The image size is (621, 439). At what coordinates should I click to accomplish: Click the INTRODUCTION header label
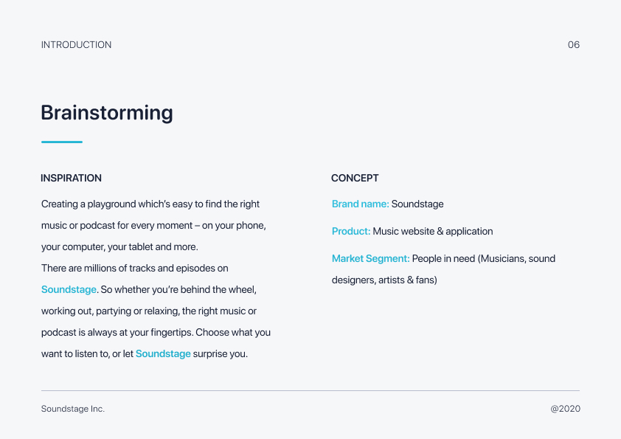pyautogui.click(x=77, y=45)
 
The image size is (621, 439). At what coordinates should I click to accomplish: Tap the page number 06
pyautogui.click(x=574, y=45)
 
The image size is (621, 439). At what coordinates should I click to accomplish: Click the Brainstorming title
pyautogui.click(x=107, y=113)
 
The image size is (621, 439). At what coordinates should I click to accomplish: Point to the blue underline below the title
pyautogui.click(x=62, y=142)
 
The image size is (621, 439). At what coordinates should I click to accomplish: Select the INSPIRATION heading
pyautogui.click(x=72, y=179)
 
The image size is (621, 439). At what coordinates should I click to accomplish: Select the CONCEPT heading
pyautogui.click(x=355, y=179)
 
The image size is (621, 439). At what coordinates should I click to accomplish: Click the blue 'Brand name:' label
pyautogui.click(x=361, y=204)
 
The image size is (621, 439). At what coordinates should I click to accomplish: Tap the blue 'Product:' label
pyautogui.click(x=351, y=232)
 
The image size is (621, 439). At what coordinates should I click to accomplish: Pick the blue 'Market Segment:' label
pyautogui.click(x=371, y=259)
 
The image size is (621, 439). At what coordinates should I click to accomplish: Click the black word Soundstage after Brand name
pyautogui.click(x=417, y=204)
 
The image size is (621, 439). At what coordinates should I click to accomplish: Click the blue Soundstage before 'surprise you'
pyautogui.click(x=163, y=354)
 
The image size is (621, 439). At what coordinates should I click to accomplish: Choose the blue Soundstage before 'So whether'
pyautogui.click(x=69, y=290)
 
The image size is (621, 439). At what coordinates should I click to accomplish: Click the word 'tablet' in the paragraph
pyautogui.click(x=140, y=247)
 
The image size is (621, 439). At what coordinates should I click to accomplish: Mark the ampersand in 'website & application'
pyautogui.click(x=440, y=232)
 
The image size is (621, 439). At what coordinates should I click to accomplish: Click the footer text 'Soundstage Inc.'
pyautogui.click(x=73, y=409)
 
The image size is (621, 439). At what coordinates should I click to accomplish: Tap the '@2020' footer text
pyautogui.click(x=566, y=409)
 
